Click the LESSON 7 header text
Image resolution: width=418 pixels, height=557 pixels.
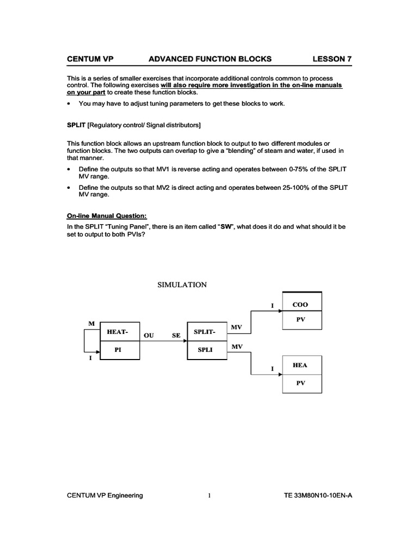click(332, 59)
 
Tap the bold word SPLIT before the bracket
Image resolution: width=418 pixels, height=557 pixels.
click(76, 126)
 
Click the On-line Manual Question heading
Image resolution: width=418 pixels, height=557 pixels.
click(107, 215)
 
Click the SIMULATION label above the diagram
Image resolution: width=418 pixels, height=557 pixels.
click(182, 284)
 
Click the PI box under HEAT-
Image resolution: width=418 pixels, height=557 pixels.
click(118, 350)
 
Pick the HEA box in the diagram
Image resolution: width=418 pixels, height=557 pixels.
click(301, 365)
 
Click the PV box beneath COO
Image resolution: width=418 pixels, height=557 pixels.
click(301, 320)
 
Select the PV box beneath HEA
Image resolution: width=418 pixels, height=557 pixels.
click(301, 383)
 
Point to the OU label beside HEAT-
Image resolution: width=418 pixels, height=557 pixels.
click(149, 336)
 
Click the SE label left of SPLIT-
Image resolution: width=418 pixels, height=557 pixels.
click(176, 336)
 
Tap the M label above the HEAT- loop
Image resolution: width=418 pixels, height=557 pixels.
click(91, 324)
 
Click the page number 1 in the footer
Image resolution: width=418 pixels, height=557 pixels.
click(209, 496)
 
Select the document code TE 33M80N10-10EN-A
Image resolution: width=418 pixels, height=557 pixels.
click(318, 496)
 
